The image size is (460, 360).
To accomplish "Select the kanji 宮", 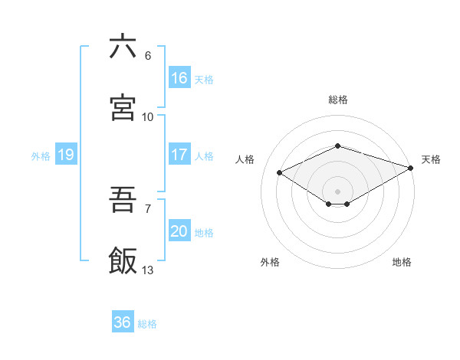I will (x=123, y=107).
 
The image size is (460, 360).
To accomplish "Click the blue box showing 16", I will (x=179, y=78).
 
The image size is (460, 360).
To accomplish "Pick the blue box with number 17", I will (x=179, y=155).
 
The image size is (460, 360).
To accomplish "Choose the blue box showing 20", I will (x=179, y=231).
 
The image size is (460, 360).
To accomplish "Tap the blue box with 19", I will (x=65, y=155).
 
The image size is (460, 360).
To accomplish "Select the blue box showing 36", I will (x=122, y=322).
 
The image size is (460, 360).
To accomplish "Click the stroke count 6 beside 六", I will (x=147, y=56).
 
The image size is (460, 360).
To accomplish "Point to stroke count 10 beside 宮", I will (x=147, y=117).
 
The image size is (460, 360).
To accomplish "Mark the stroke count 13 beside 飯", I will (x=147, y=270).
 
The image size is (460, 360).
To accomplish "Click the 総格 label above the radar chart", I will (x=337, y=100).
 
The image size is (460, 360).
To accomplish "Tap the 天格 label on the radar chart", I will (x=431, y=159).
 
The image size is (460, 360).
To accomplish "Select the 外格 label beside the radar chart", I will (x=270, y=262).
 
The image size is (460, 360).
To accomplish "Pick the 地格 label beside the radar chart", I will (x=402, y=262).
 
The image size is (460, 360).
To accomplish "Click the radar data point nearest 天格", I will (x=412, y=167).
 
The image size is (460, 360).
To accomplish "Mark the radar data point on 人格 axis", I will (x=280, y=173).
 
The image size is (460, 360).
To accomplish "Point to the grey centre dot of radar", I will (x=337, y=191).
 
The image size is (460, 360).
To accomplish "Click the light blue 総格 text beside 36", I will (x=147, y=324).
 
